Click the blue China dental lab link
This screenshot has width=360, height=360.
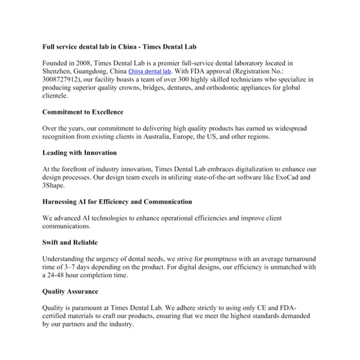(x=149, y=71)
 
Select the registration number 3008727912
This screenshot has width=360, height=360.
(x=63, y=79)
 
